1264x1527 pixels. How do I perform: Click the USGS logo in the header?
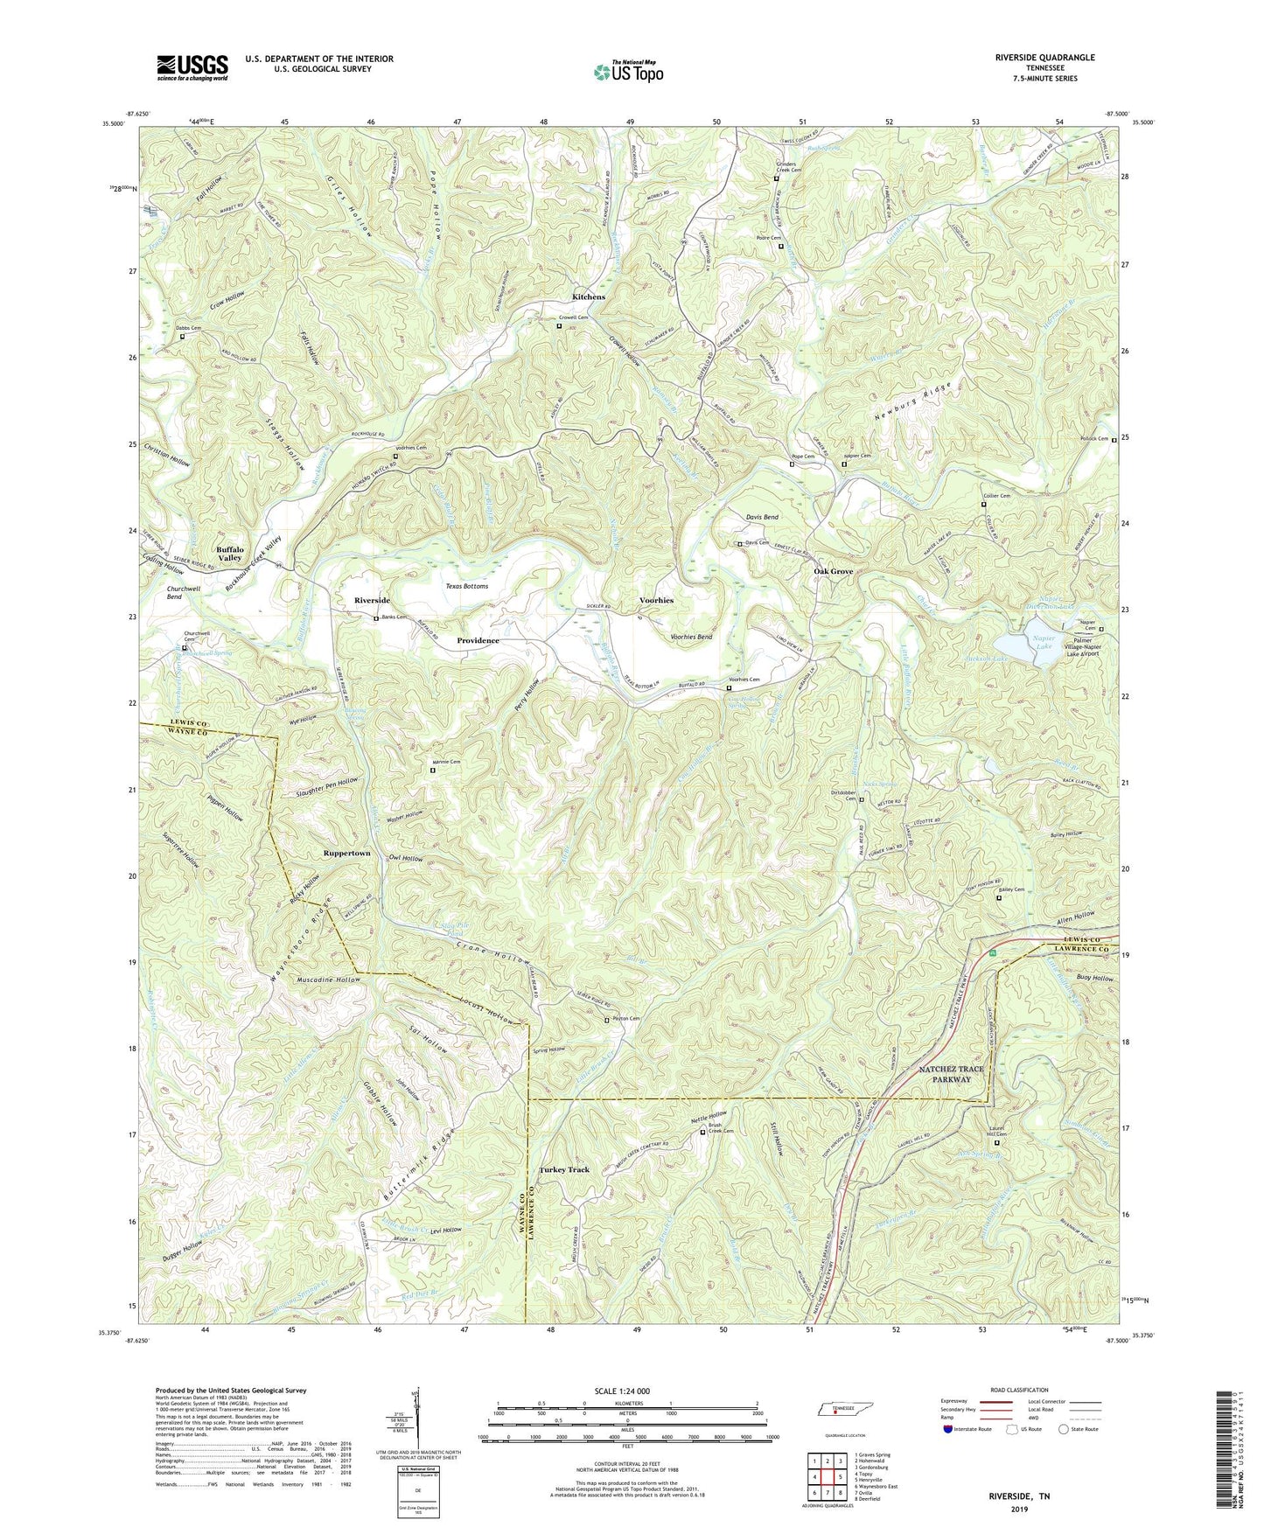point(192,67)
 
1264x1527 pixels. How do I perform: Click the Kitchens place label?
point(589,297)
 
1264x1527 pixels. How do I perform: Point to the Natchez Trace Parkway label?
point(951,1074)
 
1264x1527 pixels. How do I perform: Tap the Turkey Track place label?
point(564,1169)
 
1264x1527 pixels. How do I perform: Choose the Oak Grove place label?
point(833,571)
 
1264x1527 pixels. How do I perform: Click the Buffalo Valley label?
point(230,553)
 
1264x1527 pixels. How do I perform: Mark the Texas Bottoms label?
point(467,586)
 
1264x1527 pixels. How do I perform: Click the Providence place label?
point(478,641)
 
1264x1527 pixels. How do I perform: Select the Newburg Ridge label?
point(911,403)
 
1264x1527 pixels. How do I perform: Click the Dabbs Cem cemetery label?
point(189,328)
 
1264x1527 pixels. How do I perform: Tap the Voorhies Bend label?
point(691,637)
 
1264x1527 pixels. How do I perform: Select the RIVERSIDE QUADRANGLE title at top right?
point(1044,58)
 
